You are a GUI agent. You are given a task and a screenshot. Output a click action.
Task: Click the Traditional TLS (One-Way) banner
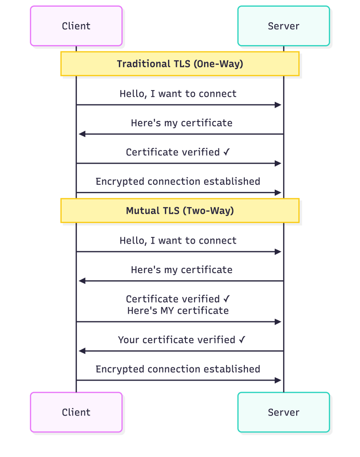[180, 64]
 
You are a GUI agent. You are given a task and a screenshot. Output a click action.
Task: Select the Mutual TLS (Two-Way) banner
[180, 211]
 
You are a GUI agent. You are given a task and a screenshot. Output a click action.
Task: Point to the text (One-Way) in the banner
[218, 64]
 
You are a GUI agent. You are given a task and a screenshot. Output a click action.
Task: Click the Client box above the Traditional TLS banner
[76, 26]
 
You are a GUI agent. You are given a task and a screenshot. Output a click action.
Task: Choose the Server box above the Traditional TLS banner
[284, 26]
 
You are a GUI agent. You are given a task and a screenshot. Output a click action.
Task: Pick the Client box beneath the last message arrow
[76, 412]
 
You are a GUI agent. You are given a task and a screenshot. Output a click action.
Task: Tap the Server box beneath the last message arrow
[284, 412]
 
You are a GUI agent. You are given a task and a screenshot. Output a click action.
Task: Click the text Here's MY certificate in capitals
[178, 311]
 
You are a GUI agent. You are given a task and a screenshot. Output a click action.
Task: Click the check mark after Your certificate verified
[242, 340]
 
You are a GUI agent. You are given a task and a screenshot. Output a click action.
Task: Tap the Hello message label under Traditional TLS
[178, 94]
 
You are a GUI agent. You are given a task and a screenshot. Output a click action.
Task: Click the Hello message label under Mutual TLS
[178, 241]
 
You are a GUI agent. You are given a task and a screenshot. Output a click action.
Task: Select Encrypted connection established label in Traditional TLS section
[178, 182]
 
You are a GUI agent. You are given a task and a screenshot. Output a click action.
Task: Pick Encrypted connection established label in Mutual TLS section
[178, 369]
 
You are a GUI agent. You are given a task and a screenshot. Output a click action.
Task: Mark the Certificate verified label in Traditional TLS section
[178, 152]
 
